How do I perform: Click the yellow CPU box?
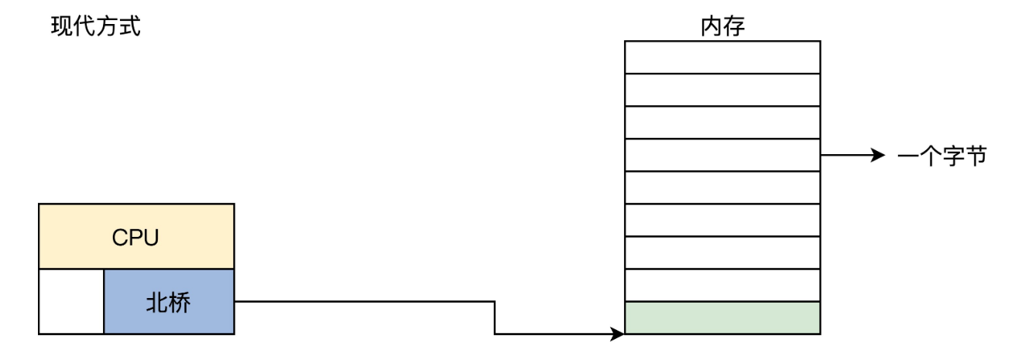pos(136,236)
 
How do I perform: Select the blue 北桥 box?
pos(169,301)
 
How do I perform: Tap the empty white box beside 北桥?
pos(71,301)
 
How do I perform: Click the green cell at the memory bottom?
pos(722,317)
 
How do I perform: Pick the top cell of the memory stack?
pos(722,57)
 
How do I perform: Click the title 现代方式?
pos(96,28)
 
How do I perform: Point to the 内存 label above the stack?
pos(722,28)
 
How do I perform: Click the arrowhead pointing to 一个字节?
pos(878,156)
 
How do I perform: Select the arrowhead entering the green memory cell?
pos(617,334)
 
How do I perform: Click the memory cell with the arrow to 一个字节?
pos(722,155)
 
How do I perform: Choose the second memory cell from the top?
pos(722,89)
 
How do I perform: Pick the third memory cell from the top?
pos(722,122)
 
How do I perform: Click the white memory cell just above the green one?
pos(722,285)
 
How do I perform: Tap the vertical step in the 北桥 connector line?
pos(495,318)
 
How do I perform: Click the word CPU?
pos(136,237)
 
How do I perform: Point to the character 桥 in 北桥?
pos(180,302)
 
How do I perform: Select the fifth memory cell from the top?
pos(722,187)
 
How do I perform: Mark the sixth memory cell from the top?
pos(722,220)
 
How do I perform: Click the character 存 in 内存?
pos(733,28)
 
